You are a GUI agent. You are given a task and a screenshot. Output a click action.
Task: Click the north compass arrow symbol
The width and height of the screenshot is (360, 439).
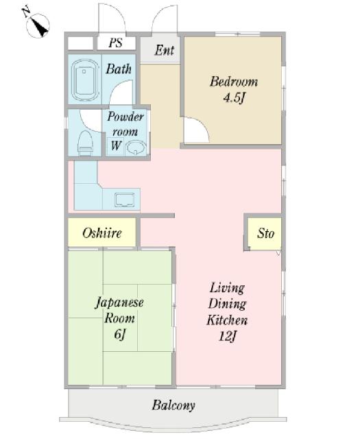[x=38, y=25]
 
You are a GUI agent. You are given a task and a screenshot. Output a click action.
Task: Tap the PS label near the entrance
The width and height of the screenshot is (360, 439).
[x=116, y=43]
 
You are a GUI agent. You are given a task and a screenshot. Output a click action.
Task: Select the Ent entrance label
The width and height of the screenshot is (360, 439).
[x=164, y=50]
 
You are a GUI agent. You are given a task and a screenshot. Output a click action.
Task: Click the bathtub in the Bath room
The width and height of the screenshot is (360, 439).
[x=86, y=80]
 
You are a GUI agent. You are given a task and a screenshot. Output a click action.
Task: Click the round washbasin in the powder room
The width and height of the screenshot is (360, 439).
[x=136, y=147]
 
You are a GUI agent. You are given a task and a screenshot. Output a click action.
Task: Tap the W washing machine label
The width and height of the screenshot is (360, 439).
[x=116, y=145]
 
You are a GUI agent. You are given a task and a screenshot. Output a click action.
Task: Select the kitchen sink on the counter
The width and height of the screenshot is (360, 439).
[x=125, y=200]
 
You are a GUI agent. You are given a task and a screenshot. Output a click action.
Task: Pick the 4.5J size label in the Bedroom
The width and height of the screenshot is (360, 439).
[x=234, y=98]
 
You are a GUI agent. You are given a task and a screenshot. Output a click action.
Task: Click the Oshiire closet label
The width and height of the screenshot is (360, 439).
[x=102, y=233]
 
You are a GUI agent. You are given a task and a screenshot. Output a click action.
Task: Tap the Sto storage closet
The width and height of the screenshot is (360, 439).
[x=265, y=234]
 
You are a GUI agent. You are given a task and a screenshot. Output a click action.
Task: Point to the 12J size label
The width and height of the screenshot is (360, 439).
[x=227, y=336]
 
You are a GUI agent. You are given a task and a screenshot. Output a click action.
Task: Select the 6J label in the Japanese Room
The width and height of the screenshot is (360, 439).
[x=119, y=334]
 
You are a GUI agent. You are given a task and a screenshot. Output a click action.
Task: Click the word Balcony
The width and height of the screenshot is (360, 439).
[x=173, y=405]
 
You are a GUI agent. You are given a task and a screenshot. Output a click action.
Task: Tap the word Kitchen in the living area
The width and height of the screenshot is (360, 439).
[x=227, y=320]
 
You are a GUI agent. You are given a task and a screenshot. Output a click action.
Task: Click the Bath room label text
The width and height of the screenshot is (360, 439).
[x=119, y=69]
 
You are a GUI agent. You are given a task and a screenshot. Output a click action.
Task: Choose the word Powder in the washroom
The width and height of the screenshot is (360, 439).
[x=125, y=117]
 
